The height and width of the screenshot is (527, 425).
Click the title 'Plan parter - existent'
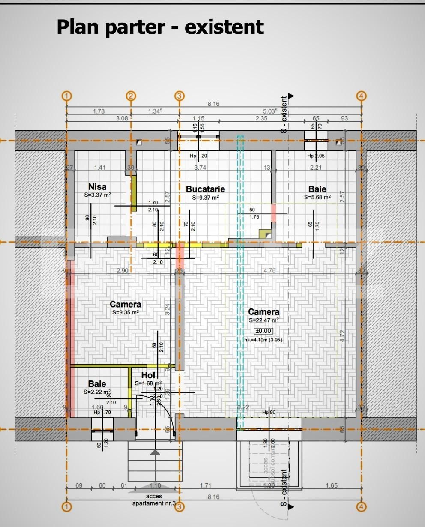coord(160,27)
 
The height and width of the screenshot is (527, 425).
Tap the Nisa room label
coord(97,187)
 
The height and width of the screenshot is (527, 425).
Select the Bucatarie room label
coord(205,189)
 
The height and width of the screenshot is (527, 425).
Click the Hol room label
coord(148,376)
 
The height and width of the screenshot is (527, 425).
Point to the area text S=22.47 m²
coord(264,320)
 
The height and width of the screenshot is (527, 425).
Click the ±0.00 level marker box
coord(263,331)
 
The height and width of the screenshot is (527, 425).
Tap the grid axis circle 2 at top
coord(131,96)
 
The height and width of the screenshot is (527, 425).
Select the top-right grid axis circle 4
coord(361,96)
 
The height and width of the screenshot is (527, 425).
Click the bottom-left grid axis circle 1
coord(66,507)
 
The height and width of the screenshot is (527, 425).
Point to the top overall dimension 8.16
coord(213,104)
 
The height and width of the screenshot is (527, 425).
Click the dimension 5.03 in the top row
coord(270,111)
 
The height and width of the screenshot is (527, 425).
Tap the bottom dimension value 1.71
coord(206,485)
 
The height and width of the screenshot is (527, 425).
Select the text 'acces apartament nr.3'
coord(154,500)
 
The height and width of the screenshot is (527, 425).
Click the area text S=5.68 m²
coord(317,198)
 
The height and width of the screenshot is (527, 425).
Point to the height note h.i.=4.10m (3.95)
coord(263,340)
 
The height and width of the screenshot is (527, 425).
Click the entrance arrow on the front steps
coord(155,452)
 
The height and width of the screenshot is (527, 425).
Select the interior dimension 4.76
coord(269,271)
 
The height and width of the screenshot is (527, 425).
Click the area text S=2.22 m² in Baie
coord(97,392)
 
